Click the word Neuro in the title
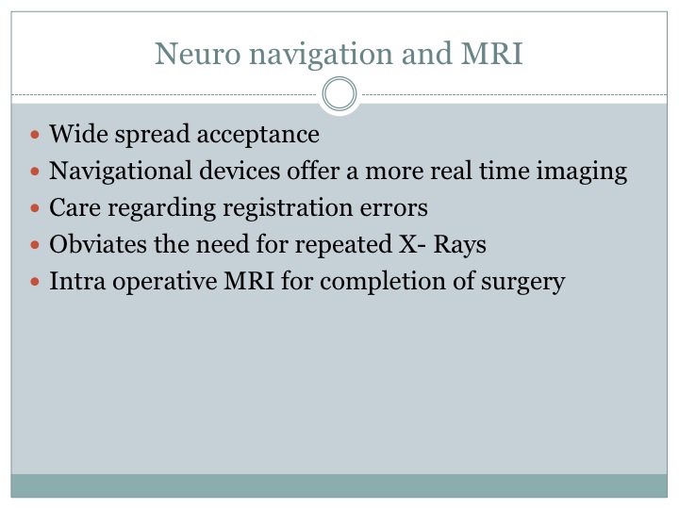tap(197, 54)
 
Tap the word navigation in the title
tap(321, 56)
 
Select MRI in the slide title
tap(492, 53)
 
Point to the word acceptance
tap(258, 135)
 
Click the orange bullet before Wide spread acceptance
tap(35, 135)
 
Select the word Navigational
tap(121, 172)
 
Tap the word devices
tap(240, 170)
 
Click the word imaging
tap(582, 172)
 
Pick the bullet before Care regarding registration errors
tap(35, 208)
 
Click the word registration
tap(288, 208)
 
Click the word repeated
tap(343, 245)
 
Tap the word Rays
tap(459, 245)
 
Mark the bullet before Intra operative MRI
tap(35, 282)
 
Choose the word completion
tap(383, 282)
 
